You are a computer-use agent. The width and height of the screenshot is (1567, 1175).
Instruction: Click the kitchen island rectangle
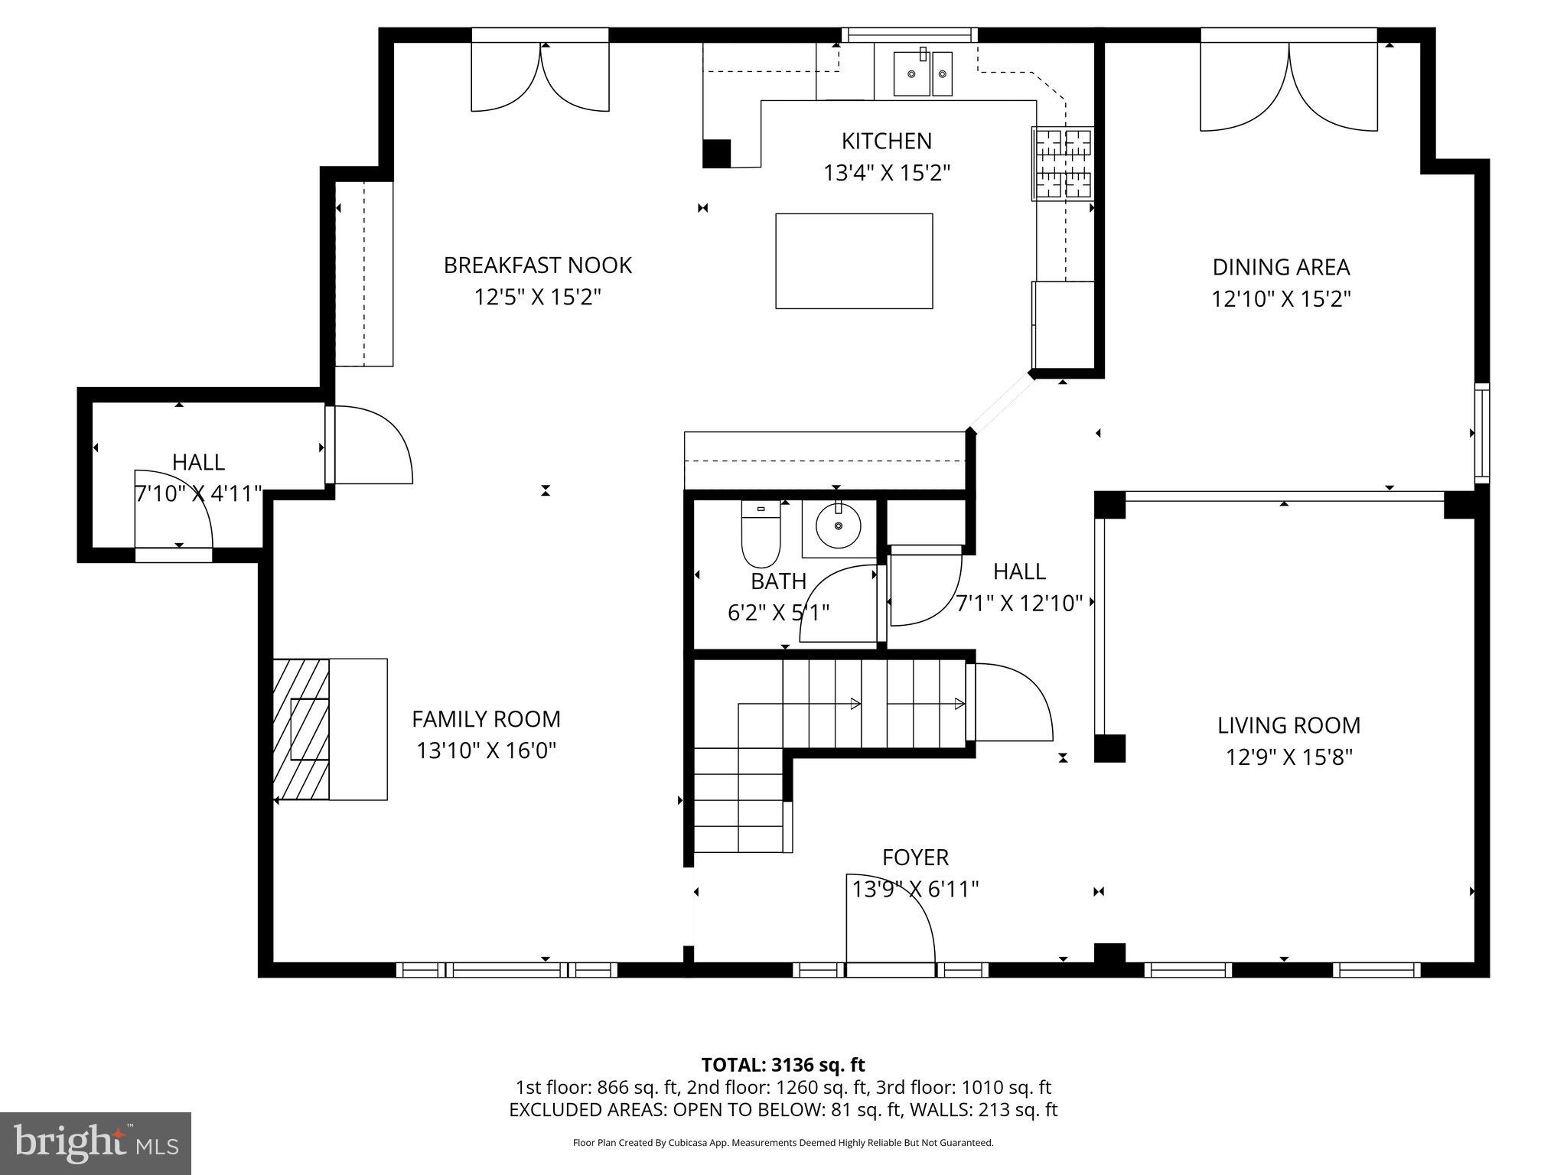coord(854,261)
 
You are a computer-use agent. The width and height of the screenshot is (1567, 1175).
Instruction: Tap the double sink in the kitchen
coord(924,73)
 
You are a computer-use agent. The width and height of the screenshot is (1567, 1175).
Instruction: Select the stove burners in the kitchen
coord(1063,164)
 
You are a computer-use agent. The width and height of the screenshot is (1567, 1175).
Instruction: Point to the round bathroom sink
coord(839,526)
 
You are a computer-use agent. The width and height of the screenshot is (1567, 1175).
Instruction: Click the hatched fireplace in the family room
coord(301,729)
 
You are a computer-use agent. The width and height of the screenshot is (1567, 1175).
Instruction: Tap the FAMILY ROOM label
coord(486,719)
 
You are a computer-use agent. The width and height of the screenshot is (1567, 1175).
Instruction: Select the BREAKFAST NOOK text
coord(537,265)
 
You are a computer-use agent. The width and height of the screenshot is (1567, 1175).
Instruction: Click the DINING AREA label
coord(1281,267)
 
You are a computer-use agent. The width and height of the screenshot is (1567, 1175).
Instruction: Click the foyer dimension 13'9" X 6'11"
coord(915,889)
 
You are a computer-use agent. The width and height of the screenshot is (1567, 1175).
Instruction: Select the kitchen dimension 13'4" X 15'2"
coord(886,173)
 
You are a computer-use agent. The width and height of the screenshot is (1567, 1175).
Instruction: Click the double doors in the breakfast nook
coord(540,76)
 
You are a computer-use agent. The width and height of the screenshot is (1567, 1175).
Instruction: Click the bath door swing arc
coord(838,604)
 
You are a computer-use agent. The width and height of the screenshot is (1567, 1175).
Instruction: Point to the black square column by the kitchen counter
coord(717,153)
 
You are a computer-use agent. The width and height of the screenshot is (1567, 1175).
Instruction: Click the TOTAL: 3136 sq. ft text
coord(783,1064)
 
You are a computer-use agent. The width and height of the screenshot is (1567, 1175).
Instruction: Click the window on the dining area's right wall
coord(1481,433)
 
